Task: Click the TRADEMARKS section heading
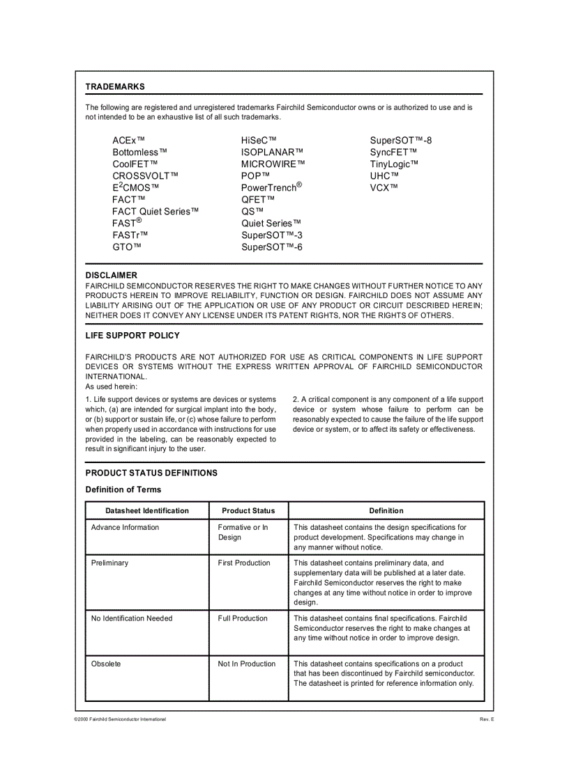coord(115,86)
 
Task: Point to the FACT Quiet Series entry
coord(155,212)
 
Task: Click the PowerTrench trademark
coord(271,187)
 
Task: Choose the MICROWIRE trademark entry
coord(273,164)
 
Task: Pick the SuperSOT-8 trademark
coord(400,141)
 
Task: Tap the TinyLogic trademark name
coord(394,164)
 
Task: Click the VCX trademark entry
coord(384,187)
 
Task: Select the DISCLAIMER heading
coord(111,275)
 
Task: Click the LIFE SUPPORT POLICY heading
coord(132,336)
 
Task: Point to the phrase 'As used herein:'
coord(112,386)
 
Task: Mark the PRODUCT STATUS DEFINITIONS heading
coord(151,473)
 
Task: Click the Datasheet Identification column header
coord(147,510)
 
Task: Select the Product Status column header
coord(248,510)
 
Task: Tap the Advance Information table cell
coord(125,527)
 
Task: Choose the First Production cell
coord(243,563)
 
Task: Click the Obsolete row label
coord(106,664)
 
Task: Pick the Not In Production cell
coord(246,664)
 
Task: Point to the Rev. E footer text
coord(486,719)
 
